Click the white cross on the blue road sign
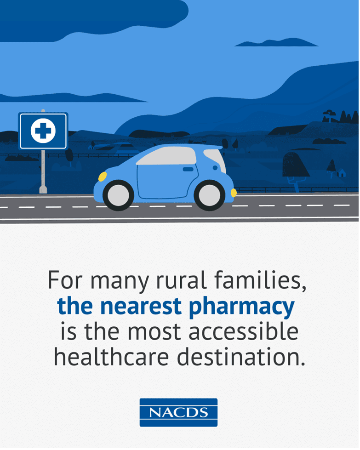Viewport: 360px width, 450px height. pos(43,131)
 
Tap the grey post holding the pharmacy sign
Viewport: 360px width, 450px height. pos(43,170)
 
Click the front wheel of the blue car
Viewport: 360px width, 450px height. pos(118,194)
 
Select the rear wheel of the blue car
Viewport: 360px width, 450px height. pos(210,194)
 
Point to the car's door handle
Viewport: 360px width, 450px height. pos(188,170)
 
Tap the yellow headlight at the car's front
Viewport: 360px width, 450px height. pos(102,177)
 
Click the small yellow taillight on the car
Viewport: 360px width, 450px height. pos(234,192)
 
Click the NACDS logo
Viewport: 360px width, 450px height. pos(178,412)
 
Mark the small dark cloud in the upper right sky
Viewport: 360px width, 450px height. pos(276,43)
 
